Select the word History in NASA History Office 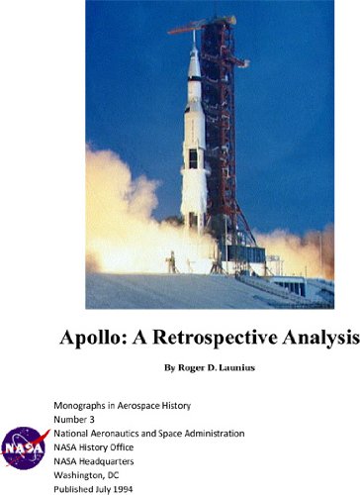100,447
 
